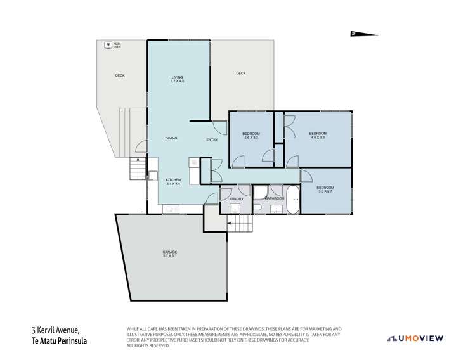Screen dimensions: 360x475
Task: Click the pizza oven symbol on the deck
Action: pos(107,45)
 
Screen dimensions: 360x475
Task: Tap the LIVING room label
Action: pos(177,79)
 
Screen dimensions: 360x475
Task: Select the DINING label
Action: pos(171,138)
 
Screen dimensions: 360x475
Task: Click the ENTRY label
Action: pos(212,139)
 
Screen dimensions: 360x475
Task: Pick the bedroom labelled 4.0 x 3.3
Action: pos(317,135)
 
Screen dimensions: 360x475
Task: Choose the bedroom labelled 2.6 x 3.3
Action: pos(251,135)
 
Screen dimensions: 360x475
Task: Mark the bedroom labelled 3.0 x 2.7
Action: pos(324,190)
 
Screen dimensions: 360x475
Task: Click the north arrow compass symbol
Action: pos(363,34)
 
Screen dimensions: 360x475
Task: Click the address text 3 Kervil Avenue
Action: pos(58,330)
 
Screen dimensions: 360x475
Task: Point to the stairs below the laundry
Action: pos(237,224)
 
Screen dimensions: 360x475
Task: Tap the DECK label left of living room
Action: pos(120,75)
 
